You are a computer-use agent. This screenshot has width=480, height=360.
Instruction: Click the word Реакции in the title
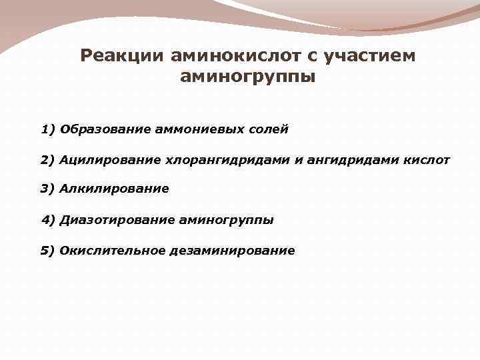pos(119,55)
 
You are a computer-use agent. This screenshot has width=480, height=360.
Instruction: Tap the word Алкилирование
pos(114,189)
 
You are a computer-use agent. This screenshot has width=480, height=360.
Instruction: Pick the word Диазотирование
pos(117,219)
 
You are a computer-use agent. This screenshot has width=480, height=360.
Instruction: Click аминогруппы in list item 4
pos(226,219)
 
